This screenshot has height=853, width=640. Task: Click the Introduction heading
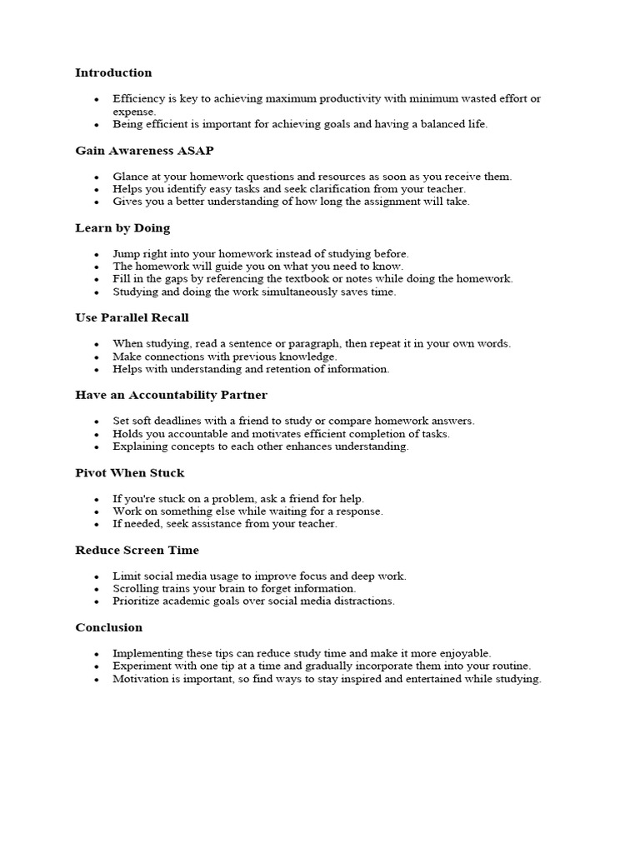pyautogui.click(x=113, y=73)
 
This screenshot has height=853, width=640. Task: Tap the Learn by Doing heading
pyautogui.click(x=122, y=228)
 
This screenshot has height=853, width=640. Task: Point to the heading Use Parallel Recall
pyautogui.click(x=132, y=317)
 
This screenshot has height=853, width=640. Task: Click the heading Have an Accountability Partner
pyautogui.click(x=171, y=395)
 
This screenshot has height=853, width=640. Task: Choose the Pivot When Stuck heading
pyautogui.click(x=129, y=473)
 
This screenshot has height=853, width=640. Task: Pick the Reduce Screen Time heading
pyautogui.click(x=137, y=551)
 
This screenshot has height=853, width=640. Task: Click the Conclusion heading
pyautogui.click(x=108, y=627)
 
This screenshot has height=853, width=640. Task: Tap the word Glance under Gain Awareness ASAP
pyautogui.click(x=131, y=177)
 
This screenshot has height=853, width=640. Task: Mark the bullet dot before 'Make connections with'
pyautogui.click(x=97, y=357)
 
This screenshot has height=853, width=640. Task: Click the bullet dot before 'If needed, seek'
pyautogui.click(x=97, y=525)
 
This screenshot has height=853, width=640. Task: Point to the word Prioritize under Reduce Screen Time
pyautogui.click(x=138, y=601)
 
